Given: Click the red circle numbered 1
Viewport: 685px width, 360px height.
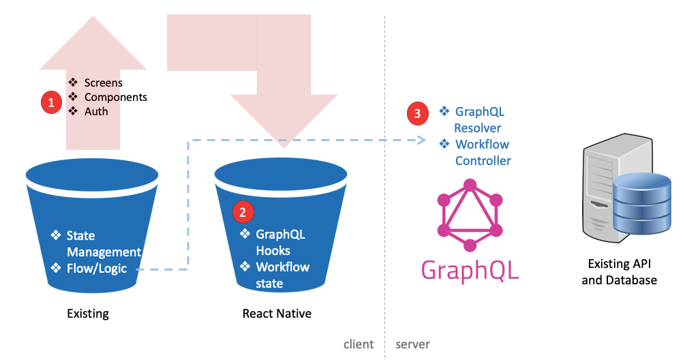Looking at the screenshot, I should (x=50, y=102).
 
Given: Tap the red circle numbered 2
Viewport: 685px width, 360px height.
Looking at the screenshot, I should (x=243, y=213).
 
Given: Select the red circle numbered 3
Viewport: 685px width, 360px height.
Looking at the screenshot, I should (x=417, y=114).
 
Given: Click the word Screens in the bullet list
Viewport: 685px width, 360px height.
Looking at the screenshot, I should (x=103, y=82).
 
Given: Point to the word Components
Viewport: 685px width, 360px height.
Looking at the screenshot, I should (x=115, y=97).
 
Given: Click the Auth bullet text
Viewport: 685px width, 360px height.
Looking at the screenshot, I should (x=96, y=111).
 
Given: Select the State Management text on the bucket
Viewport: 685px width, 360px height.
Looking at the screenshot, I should (x=103, y=243).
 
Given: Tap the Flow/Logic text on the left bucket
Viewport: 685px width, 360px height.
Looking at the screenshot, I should (x=96, y=268).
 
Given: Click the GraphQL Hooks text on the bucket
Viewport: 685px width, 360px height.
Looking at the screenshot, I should (x=279, y=242).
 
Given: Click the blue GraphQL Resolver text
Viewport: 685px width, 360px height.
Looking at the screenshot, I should (x=479, y=119).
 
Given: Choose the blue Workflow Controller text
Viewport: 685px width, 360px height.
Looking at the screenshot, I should (x=483, y=153).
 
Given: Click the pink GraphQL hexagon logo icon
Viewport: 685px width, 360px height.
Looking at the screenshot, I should (x=469, y=215).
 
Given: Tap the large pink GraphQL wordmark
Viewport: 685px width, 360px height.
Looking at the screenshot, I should (x=470, y=270).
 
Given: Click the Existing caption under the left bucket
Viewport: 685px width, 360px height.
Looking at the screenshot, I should (x=87, y=314).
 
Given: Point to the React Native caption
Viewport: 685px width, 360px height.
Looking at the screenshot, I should (x=277, y=314).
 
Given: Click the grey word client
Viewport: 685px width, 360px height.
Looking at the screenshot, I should (x=358, y=344).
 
